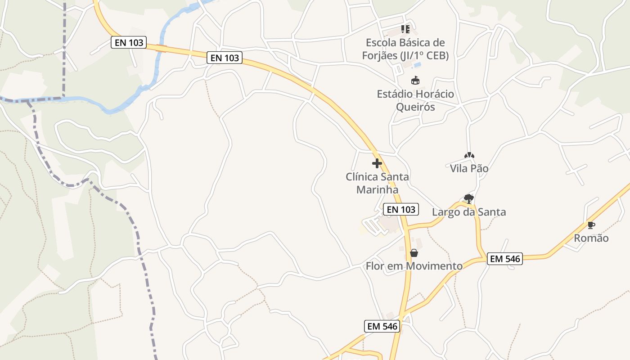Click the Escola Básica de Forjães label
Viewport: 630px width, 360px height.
(405, 49)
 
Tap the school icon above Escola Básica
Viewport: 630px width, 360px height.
(405, 29)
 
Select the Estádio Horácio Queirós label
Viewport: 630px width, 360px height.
(415, 100)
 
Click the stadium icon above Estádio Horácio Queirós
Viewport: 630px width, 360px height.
(415, 81)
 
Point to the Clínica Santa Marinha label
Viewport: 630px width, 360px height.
(377, 183)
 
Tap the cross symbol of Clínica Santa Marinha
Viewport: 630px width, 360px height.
(377, 163)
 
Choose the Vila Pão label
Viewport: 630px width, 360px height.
(469, 169)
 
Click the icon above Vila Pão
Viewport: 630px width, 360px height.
(469, 155)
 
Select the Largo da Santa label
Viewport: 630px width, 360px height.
(469, 212)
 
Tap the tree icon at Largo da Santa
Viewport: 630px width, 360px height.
(469, 198)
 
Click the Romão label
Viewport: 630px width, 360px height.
(591, 238)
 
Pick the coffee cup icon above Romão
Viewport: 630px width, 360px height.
(591, 225)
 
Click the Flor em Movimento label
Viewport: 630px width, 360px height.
(414, 266)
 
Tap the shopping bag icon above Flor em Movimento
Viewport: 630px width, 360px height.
(414, 253)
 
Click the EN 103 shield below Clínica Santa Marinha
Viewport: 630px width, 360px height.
(401, 209)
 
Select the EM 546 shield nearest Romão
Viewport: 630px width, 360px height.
(504, 259)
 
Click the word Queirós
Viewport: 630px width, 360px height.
(415, 107)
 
